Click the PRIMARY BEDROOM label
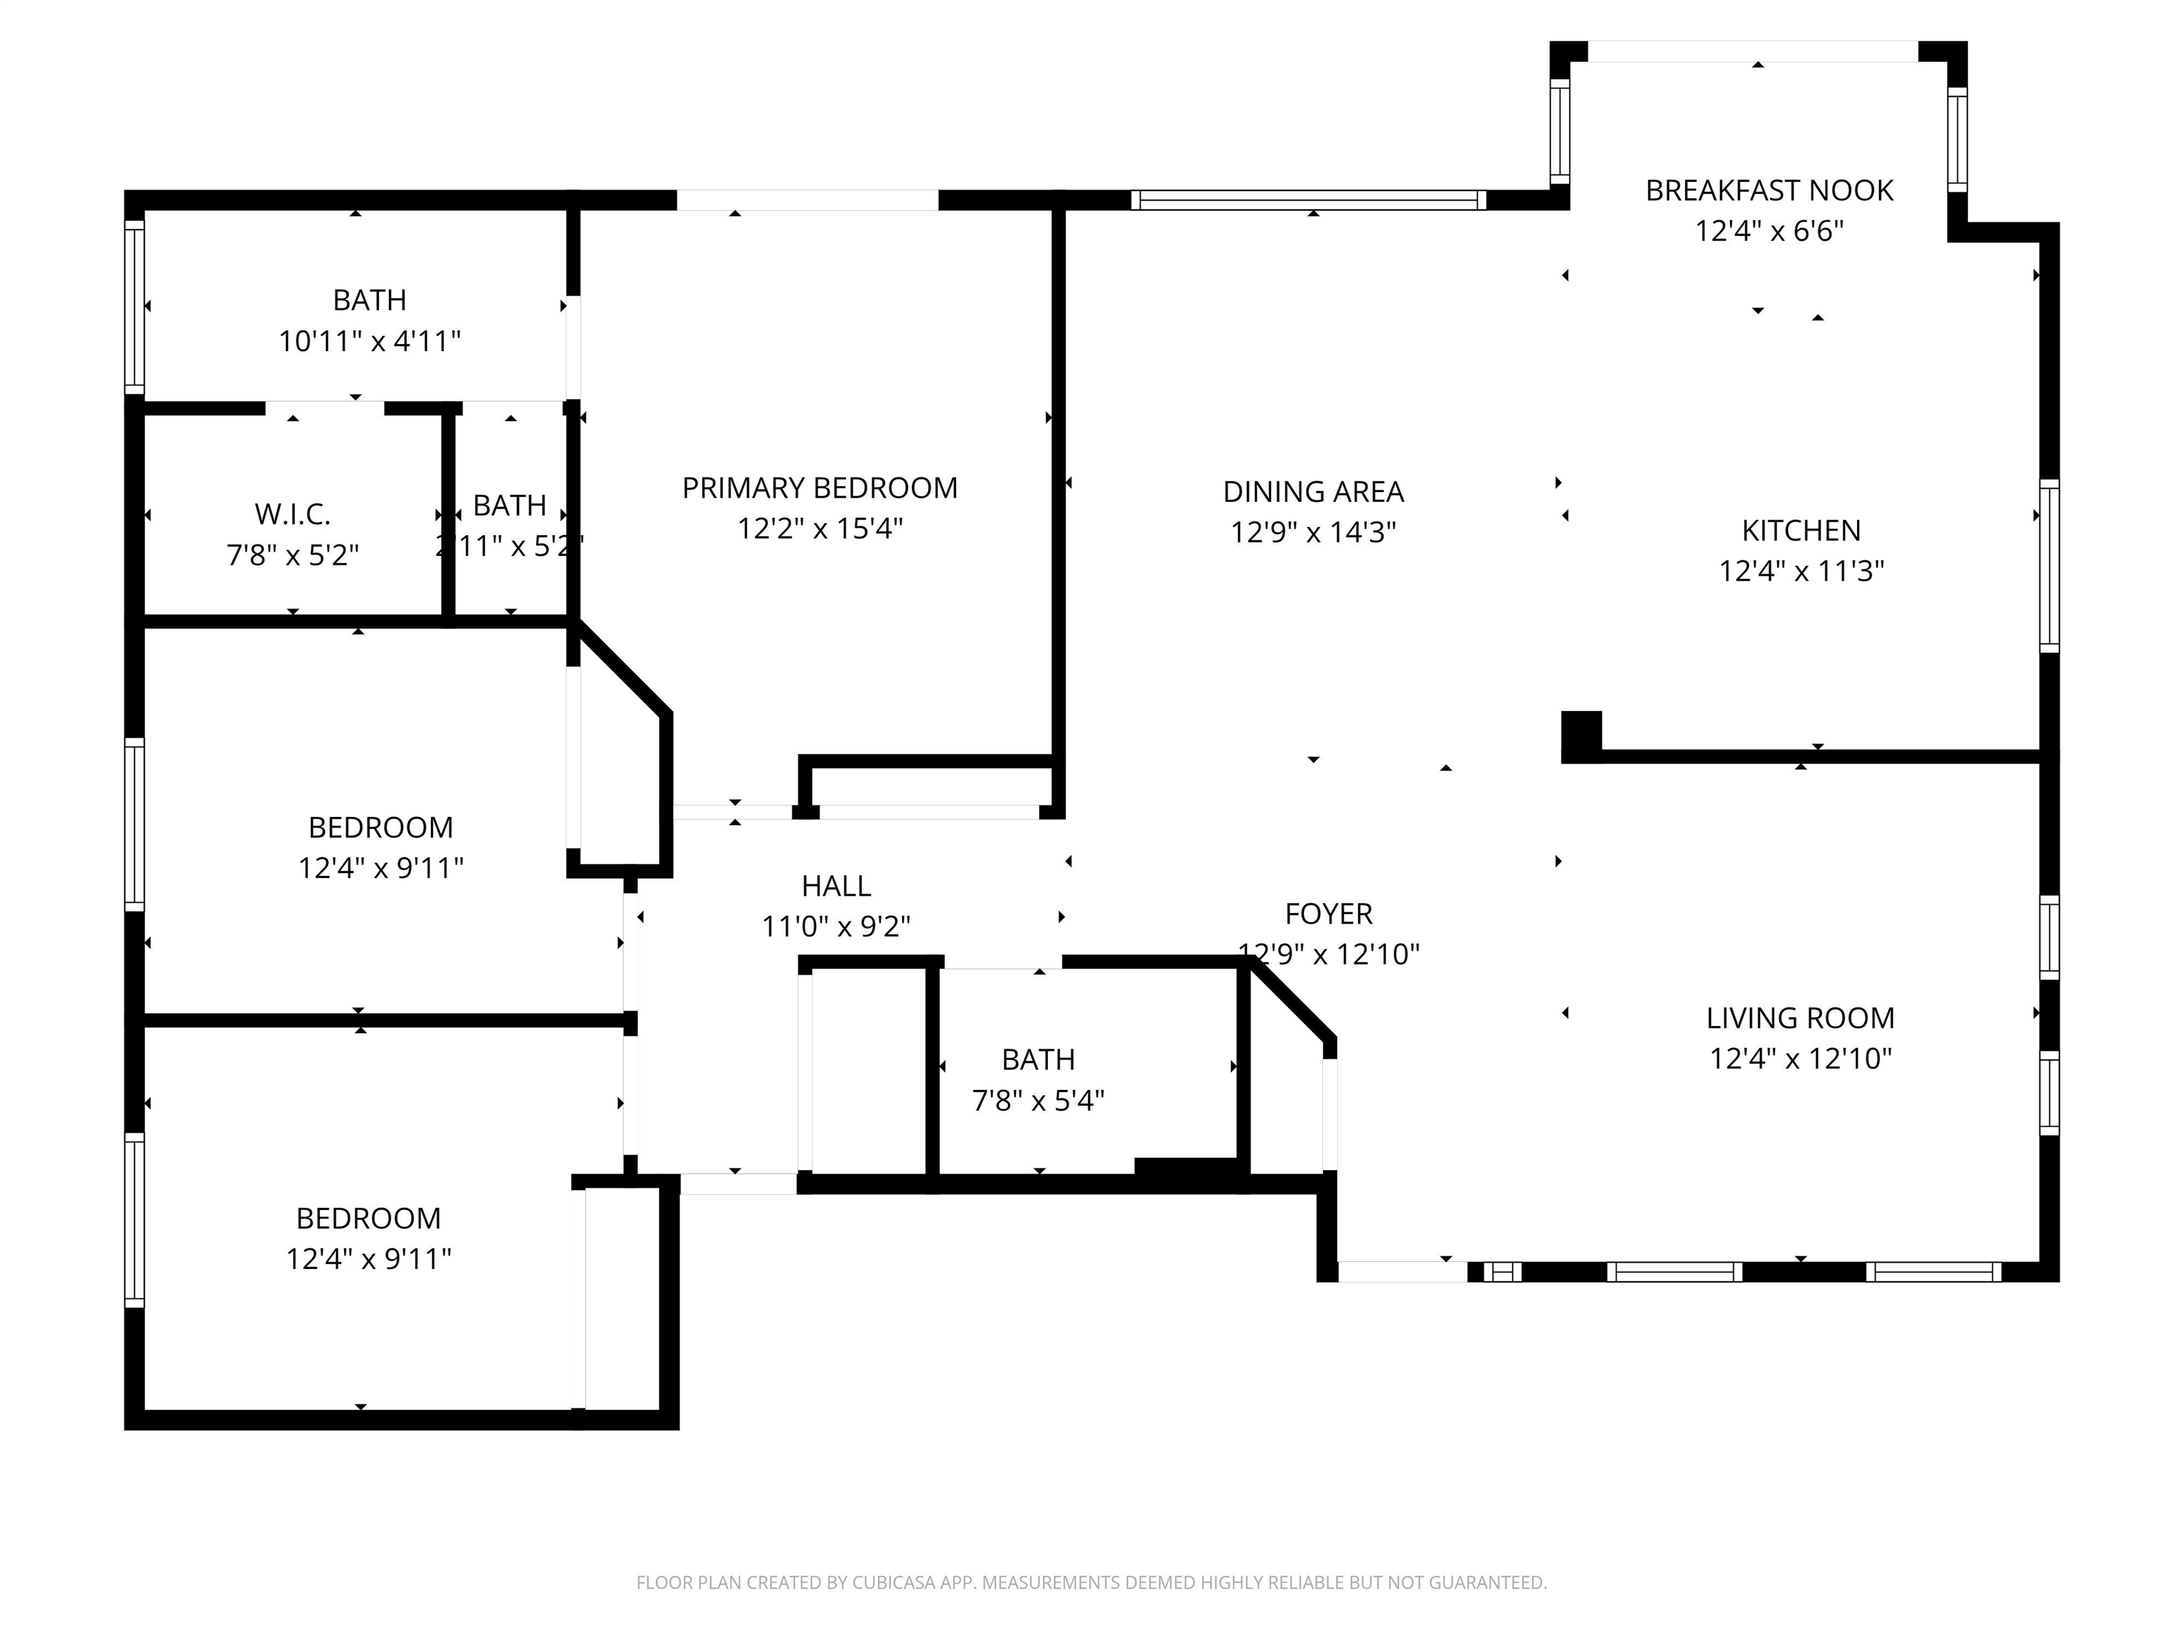[820, 488]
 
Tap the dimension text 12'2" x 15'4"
[820, 529]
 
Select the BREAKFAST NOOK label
[1768, 191]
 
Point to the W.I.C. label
[292, 515]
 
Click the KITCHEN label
[1801, 531]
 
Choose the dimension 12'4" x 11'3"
[1801, 572]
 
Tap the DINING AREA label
[1312, 492]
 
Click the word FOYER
[1328, 914]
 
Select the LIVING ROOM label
[1800, 1018]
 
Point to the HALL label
[835, 887]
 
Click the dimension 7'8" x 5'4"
[1038, 1101]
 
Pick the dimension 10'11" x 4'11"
[369, 342]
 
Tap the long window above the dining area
[1308, 200]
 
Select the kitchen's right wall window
[2050, 566]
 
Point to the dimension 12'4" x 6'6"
[1768, 231]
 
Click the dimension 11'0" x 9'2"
[835, 927]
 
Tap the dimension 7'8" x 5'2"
[292, 556]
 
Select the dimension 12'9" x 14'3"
[1312, 533]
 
